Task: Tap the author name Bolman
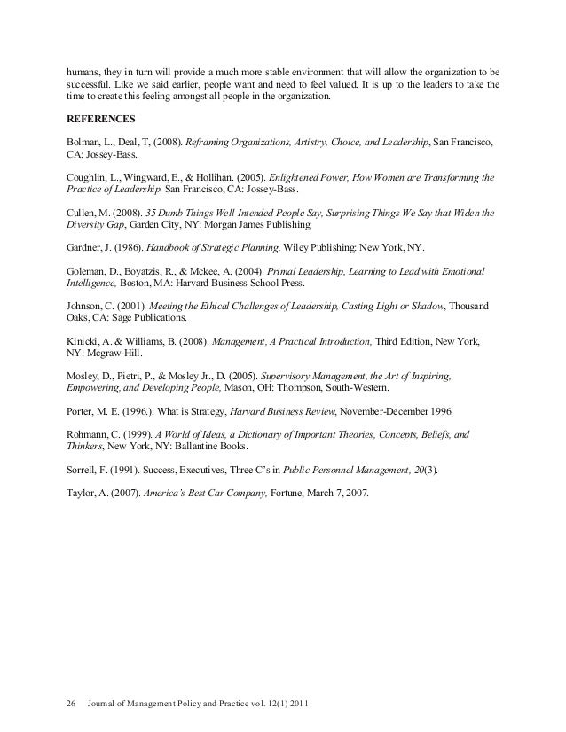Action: coord(83,142)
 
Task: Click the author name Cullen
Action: coord(82,214)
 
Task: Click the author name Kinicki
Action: coord(83,339)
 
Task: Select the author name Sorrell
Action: coord(84,471)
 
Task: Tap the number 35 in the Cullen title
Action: coord(150,214)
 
